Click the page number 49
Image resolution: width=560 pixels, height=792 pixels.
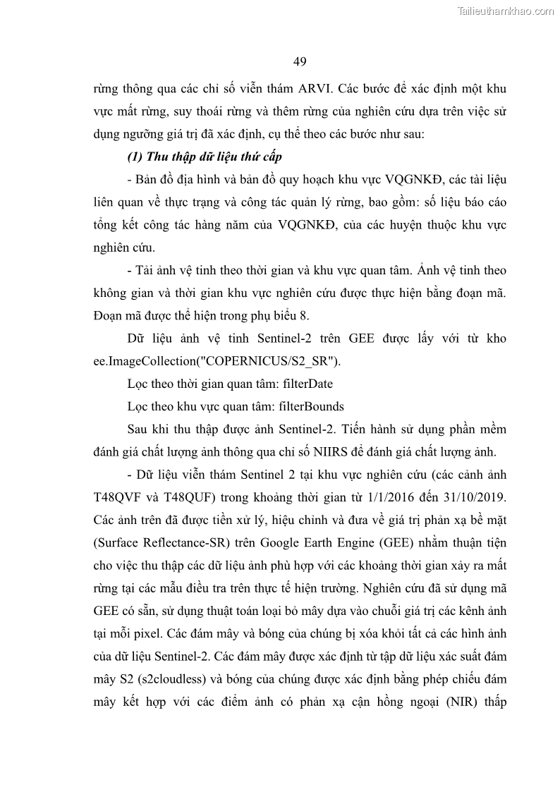pos(300,61)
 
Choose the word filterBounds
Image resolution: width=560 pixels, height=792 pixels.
pos(312,407)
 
